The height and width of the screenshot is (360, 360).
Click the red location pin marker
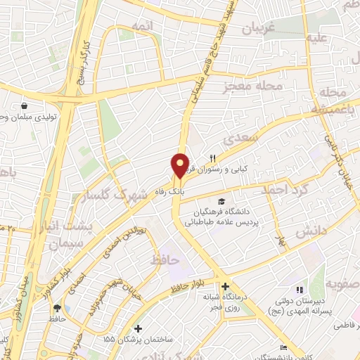pos(181,165)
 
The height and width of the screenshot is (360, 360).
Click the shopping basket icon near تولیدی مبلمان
pos(25,105)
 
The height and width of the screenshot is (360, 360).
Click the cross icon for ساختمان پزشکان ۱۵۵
pos(139,328)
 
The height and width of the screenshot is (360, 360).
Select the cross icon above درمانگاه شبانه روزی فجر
pos(224,286)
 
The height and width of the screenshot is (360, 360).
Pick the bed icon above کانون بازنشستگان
pos(283,349)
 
